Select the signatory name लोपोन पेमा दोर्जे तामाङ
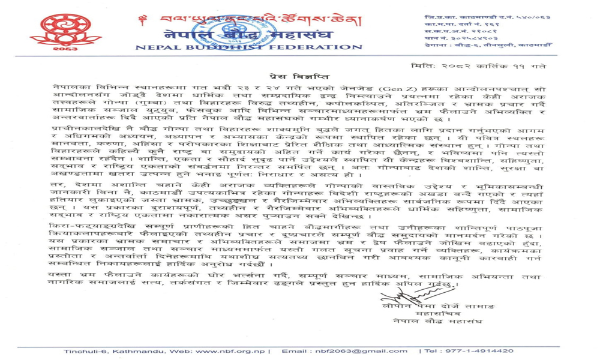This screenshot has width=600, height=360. pos(438,306)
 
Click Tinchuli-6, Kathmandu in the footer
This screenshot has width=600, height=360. pos(112,351)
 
